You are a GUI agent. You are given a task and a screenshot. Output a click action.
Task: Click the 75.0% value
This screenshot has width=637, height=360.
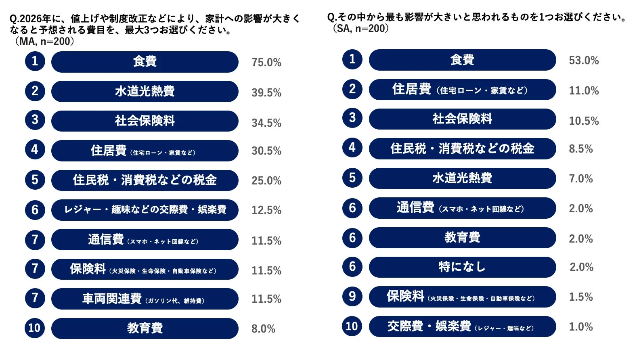(x=266, y=63)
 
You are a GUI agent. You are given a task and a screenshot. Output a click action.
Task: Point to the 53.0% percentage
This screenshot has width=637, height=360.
(x=583, y=61)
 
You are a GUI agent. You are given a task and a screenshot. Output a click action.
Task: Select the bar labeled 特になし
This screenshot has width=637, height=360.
(x=462, y=267)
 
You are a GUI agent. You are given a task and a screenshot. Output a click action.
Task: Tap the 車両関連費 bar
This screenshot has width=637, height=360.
(x=145, y=299)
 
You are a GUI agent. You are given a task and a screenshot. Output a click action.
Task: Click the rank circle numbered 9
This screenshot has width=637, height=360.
(x=352, y=296)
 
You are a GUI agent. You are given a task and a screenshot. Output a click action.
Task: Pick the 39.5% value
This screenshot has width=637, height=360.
(x=266, y=92)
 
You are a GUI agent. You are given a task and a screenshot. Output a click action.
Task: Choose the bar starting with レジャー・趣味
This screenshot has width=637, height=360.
(x=145, y=209)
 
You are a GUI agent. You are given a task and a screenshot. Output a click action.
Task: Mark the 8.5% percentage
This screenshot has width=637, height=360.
(x=580, y=149)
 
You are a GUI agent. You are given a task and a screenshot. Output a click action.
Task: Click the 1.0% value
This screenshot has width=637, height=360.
(x=580, y=327)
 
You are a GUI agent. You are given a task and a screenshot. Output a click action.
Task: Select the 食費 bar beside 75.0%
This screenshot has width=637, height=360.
(x=145, y=61)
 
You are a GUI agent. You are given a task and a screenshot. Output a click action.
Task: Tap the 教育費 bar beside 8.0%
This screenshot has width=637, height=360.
(x=145, y=328)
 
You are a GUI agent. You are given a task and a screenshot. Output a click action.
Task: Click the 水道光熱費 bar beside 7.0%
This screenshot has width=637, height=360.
(x=462, y=178)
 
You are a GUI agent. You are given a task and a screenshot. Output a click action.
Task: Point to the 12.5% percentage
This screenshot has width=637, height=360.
(x=266, y=210)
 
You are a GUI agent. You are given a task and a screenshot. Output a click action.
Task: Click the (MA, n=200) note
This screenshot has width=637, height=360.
(x=44, y=41)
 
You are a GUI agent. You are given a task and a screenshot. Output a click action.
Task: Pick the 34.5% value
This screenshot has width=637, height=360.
(x=266, y=123)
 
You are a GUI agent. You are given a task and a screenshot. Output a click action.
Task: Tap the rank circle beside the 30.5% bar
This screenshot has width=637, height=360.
(x=35, y=150)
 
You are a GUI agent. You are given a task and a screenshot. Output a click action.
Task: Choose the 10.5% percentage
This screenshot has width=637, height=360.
(x=583, y=121)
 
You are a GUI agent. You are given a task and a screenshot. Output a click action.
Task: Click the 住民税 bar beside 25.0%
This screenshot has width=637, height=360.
(x=145, y=180)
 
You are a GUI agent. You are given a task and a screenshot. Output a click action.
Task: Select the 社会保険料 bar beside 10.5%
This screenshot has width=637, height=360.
(x=462, y=119)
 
